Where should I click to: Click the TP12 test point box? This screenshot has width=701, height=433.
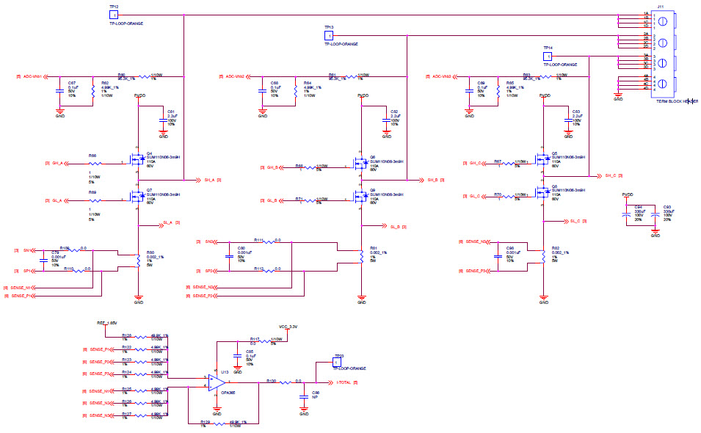[x=113, y=14]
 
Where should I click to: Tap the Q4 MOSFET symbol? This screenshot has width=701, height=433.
[x=137, y=158]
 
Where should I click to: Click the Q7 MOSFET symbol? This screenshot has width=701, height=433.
[x=137, y=196]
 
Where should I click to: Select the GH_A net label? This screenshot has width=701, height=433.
[x=56, y=163]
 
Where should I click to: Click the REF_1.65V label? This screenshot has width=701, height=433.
[x=107, y=322]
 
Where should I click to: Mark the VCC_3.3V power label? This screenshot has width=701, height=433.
[x=288, y=325]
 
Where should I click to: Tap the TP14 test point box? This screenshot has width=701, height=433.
[x=547, y=56]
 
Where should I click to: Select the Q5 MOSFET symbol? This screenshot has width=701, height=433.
[x=542, y=158]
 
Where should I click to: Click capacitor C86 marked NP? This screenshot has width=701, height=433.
[x=305, y=396]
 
